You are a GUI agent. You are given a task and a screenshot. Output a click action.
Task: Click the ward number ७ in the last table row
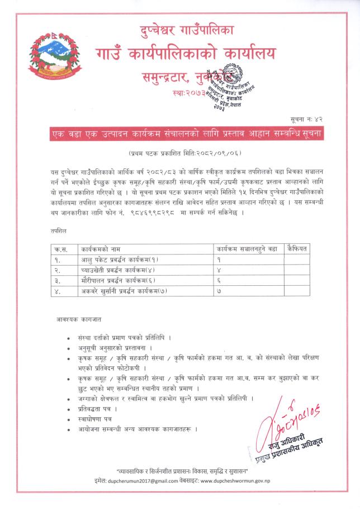pos(220,291)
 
